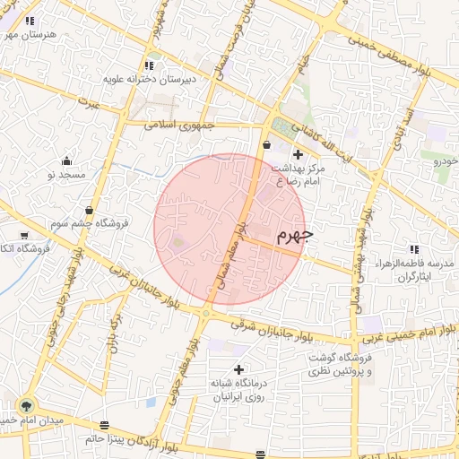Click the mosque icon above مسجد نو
[66, 161]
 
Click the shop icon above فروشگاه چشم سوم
[88, 210]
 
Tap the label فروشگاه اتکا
[18, 247]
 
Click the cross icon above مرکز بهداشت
[299, 155]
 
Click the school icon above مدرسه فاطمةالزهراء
[413, 249]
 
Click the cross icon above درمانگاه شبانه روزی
[238, 368]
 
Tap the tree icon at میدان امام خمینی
[26, 404]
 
